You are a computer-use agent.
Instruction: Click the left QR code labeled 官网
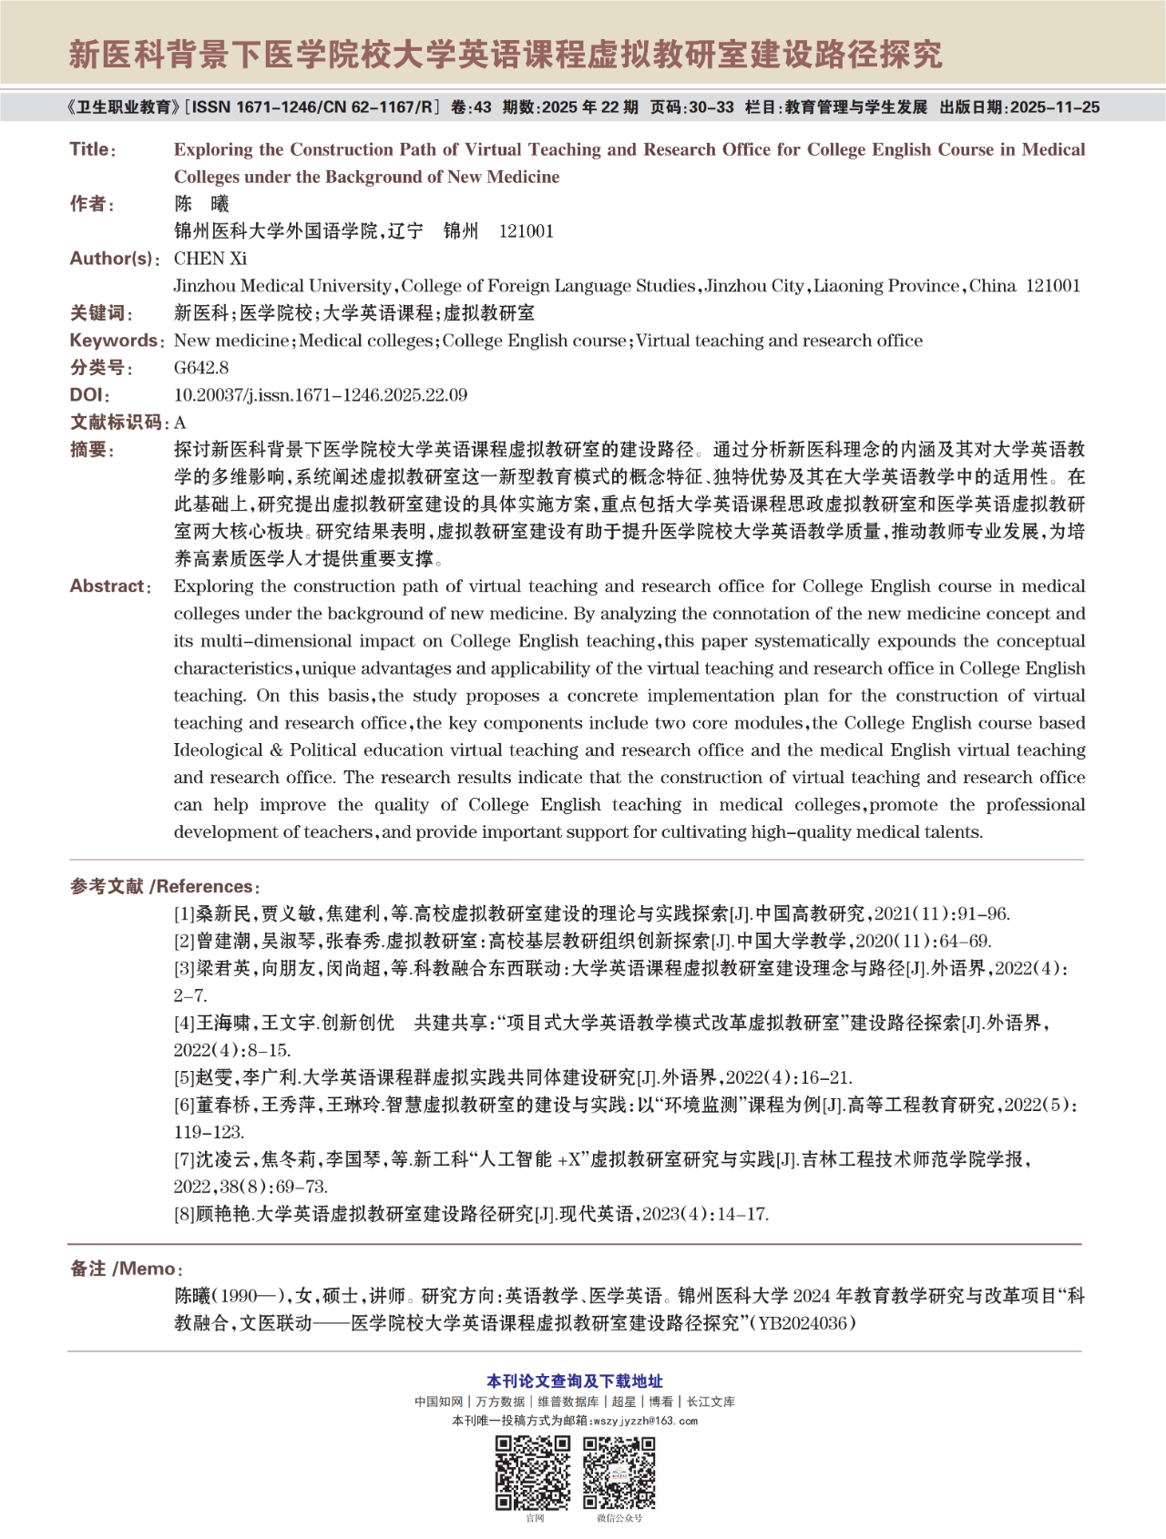coord(533,1473)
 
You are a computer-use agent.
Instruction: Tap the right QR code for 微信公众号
coord(619,1473)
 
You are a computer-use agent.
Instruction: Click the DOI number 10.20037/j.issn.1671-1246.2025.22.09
coord(321,395)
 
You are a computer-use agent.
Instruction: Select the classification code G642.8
coord(201,368)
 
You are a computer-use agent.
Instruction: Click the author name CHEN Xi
coord(210,259)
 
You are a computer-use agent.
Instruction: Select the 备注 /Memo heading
coord(127,1269)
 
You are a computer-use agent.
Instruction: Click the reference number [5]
coord(185,1078)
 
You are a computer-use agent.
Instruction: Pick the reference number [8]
coord(185,1214)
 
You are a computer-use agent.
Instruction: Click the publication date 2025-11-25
coord(1054,107)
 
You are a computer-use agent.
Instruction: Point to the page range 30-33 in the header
coord(711,107)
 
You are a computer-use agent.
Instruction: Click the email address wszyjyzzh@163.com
coord(645,1421)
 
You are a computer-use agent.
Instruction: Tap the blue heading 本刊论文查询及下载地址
coord(575,1381)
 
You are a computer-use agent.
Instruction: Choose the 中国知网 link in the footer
coord(438,1402)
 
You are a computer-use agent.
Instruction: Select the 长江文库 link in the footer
coord(711,1402)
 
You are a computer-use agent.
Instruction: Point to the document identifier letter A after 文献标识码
coord(180,423)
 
